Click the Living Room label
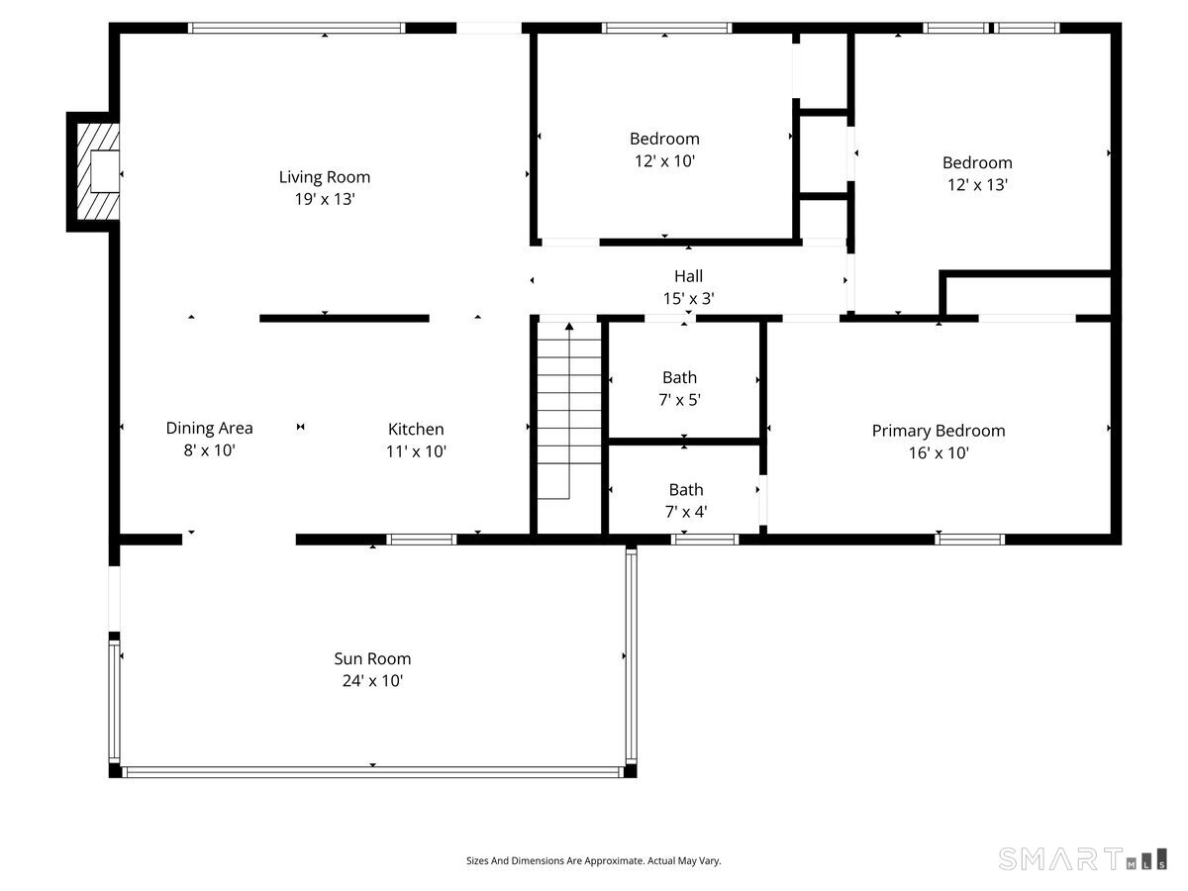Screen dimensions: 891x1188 [x=324, y=177]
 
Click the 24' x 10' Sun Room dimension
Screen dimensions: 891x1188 [x=372, y=681]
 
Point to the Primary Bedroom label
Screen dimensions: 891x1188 [x=938, y=431]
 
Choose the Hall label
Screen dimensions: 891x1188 [x=688, y=276]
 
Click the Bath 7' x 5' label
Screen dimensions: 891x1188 [x=680, y=388]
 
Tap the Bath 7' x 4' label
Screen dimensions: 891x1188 [x=685, y=500]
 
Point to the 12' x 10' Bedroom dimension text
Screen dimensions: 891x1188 [x=664, y=160]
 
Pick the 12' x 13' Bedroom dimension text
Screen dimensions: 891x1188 [x=976, y=184]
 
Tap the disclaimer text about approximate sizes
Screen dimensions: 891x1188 [x=594, y=861]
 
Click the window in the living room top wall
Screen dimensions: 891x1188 [x=297, y=28]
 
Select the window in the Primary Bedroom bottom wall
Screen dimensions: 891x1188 [x=970, y=540]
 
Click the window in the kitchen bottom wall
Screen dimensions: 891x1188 [x=421, y=540]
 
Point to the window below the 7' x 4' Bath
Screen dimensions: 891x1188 [x=705, y=540]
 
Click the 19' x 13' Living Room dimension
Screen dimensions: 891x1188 [x=324, y=199]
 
